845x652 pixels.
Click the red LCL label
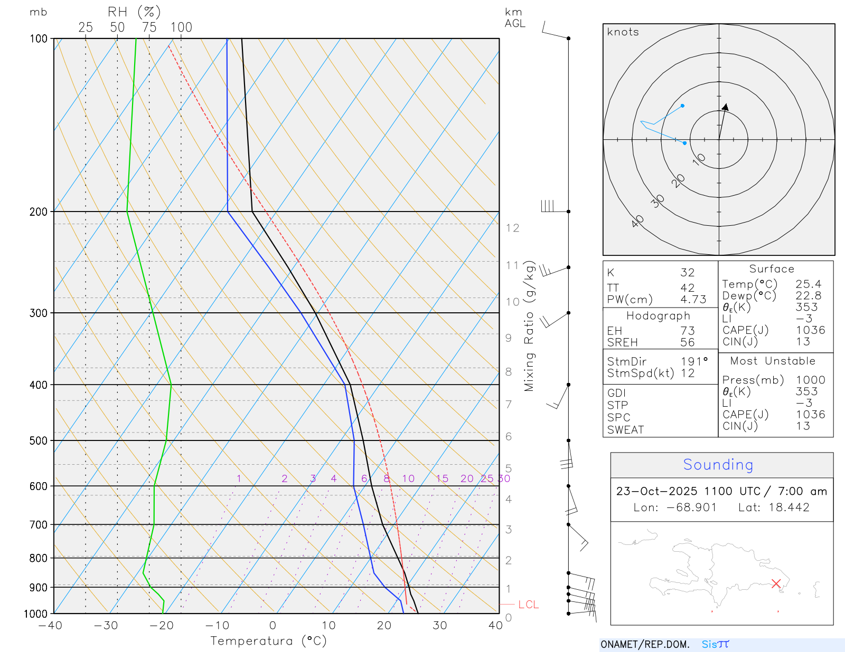click(x=528, y=605)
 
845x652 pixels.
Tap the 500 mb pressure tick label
click(x=39, y=440)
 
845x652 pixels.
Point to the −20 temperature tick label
click(x=161, y=626)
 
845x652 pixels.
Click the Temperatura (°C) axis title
click(x=268, y=641)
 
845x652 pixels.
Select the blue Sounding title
click(x=718, y=465)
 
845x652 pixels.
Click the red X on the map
click(x=776, y=583)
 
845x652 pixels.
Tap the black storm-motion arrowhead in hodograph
click(x=726, y=107)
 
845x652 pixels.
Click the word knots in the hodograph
click(x=623, y=32)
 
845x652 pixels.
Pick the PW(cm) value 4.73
click(x=693, y=300)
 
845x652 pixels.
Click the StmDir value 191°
click(x=694, y=362)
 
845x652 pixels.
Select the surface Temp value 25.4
click(x=808, y=284)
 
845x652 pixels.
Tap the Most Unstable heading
click(x=772, y=361)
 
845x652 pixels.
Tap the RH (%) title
click(x=134, y=12)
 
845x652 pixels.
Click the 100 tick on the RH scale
click(x=181, y=27)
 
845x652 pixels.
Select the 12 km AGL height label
click(x=512, y=228)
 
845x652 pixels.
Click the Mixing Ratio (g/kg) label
click(x=529, y=326)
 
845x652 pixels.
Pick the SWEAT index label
click(x=625, y=430)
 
